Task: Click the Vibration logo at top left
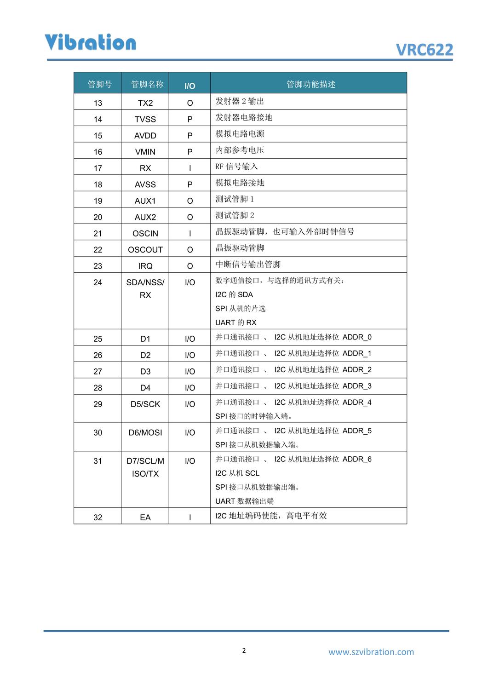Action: (91, 42)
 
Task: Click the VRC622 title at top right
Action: (424, 50)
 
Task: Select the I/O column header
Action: (189, 86)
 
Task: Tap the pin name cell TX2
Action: (145, 103)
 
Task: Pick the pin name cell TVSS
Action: (145, 119)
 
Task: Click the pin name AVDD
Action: (145, 136)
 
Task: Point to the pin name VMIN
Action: (145, 152)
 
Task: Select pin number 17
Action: (98, 168)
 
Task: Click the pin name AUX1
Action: (145, 201)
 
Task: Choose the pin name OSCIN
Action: (145, 234)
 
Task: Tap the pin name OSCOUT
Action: (145, 250)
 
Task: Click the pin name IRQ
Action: (145, 266)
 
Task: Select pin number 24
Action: (98, 282)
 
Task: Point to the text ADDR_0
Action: (357, 337)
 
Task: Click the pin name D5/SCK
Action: (145, 404)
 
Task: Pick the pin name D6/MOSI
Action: (145, 433)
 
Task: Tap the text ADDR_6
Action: (357, 459)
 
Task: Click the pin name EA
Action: (145, 517)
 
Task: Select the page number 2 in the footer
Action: (244, 650)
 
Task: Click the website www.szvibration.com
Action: (371, 652)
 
